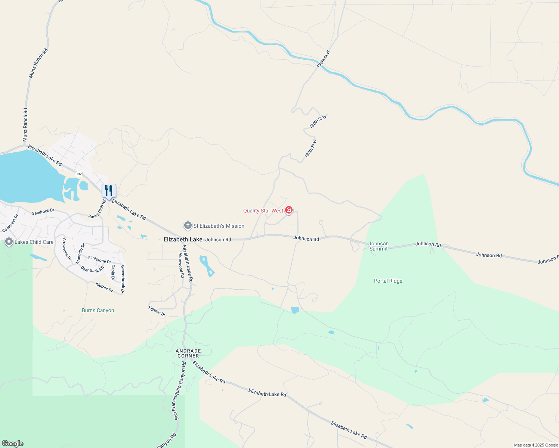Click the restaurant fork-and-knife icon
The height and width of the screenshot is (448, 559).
pos(109,190)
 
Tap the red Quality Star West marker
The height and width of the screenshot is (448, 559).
pos(288,211)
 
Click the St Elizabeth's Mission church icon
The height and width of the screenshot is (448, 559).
pos(188,225)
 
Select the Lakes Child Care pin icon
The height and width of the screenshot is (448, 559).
pos(9,242)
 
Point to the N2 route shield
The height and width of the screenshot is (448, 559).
pos(79,174)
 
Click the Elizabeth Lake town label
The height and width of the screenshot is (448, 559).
pos(183,239)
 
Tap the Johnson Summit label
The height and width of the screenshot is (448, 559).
pos(379,246)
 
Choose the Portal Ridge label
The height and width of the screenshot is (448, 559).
pos(388,281)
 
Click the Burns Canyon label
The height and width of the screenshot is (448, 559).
pos(98,310)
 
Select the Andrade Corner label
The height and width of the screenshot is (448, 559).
pos(188,353)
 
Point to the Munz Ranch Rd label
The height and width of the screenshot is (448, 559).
pos(38,63)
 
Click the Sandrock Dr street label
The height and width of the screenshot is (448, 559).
pos(43,212)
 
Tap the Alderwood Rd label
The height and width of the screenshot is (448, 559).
pos(181,265)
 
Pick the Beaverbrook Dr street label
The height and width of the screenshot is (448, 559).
pos(123,279)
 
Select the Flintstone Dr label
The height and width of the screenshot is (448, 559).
pos(99,259)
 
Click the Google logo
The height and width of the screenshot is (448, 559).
pos(12,444)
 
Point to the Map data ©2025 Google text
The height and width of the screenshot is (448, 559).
pos(536,445)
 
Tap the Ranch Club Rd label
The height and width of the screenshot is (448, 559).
pos(97,209)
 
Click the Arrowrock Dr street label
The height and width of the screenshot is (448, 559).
pos(67,249)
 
